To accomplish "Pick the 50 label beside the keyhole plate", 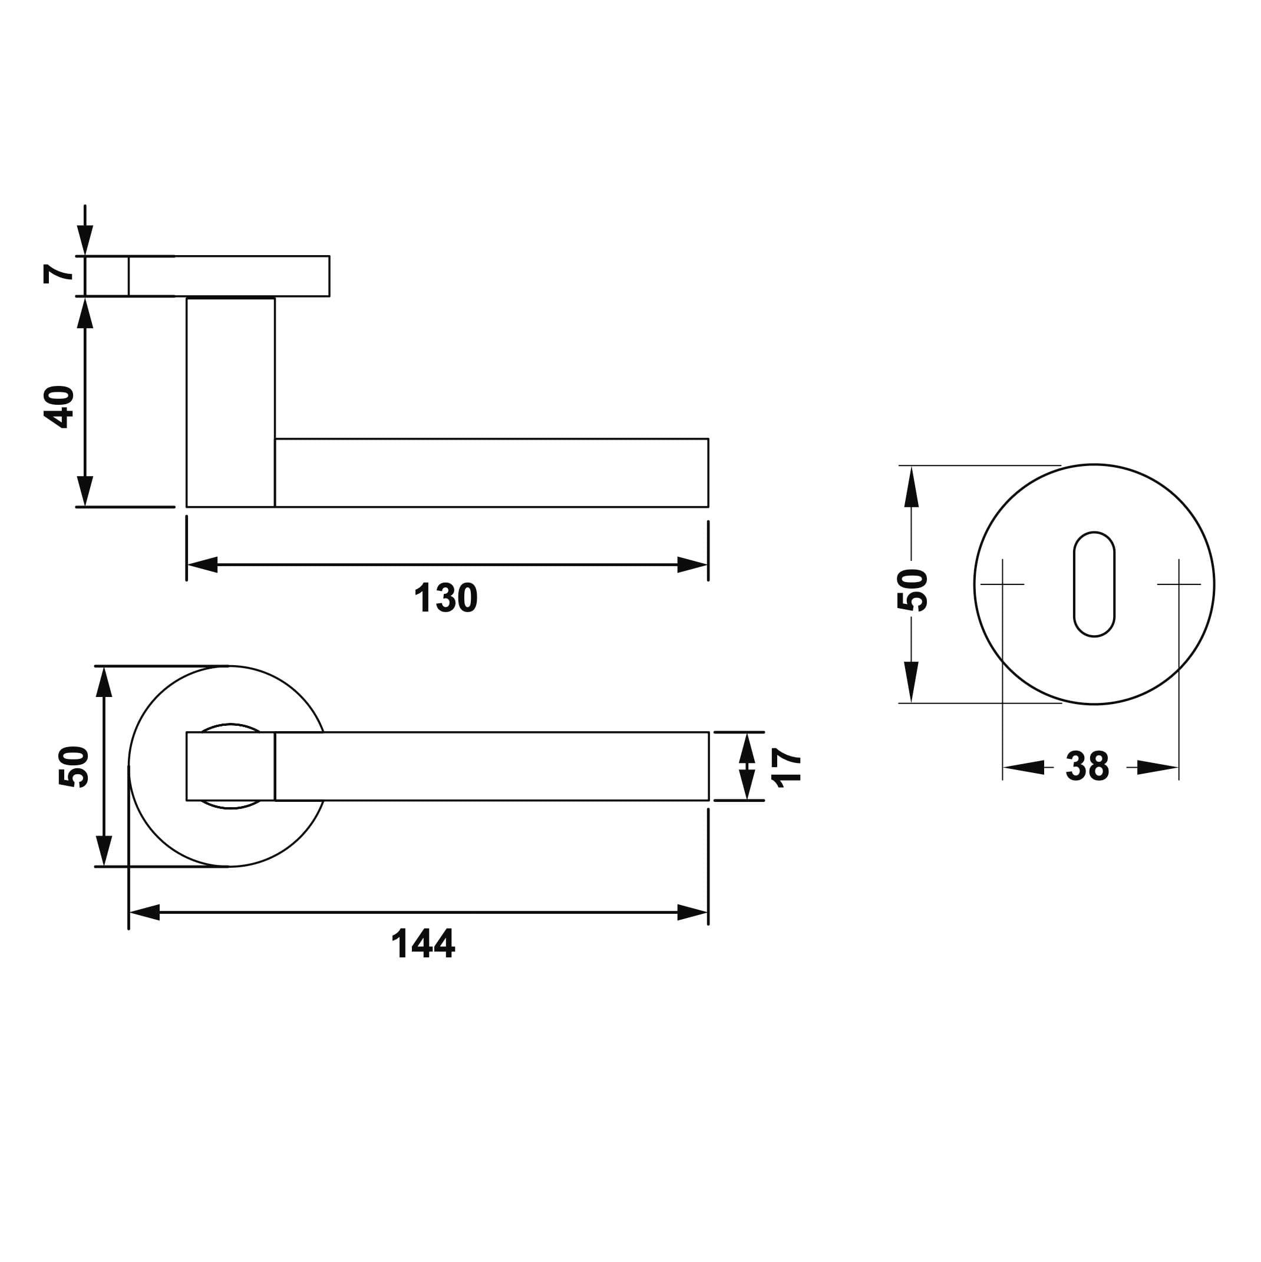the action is click(x=912, y=590).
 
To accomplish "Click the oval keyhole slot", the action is click(x=1094, y=584).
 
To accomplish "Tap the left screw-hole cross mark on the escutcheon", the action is click(x=1002, y=584).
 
